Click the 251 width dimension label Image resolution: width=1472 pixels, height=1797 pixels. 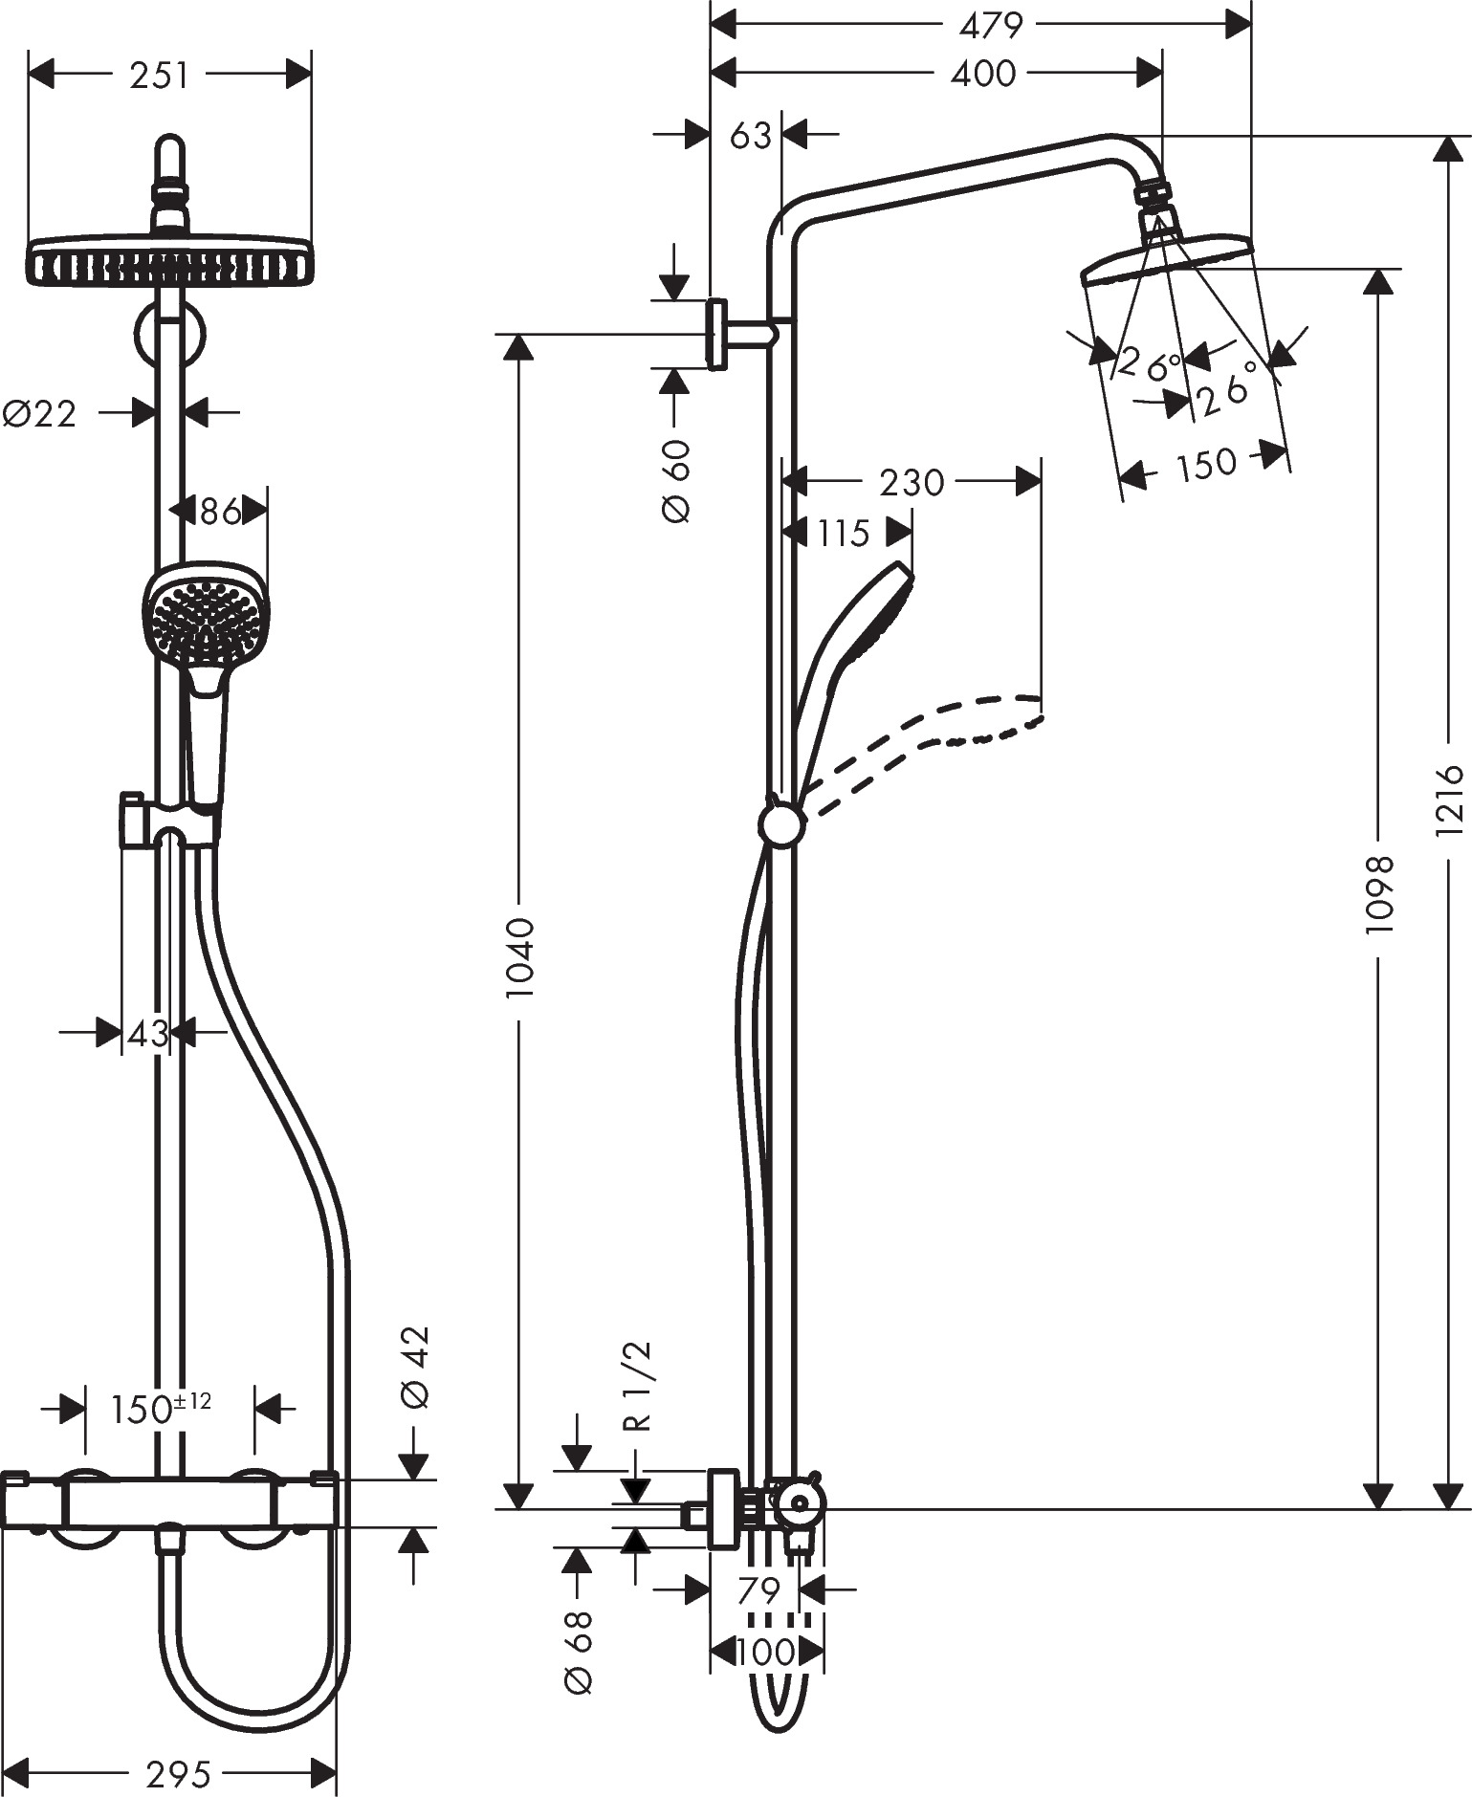tap(159, 76)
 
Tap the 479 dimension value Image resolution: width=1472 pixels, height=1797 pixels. tap(991, 26)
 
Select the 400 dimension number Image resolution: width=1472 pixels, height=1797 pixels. tap(982, 74)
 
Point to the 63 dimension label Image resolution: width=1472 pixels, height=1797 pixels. tap(750, 136)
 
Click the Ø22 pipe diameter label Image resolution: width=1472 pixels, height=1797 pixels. tap(39, 414)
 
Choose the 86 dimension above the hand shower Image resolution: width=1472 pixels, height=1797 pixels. tap(220, 512)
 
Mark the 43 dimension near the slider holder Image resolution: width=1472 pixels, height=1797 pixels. tap(148, 1033)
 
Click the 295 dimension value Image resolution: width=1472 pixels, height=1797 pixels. tap(178, 1775)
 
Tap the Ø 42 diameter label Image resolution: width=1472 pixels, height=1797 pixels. tap(416, 1368)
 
